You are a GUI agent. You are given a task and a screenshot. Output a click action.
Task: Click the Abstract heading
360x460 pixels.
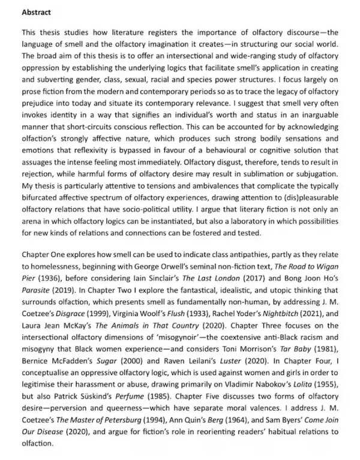pyautogui.click(x=37, y=12)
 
